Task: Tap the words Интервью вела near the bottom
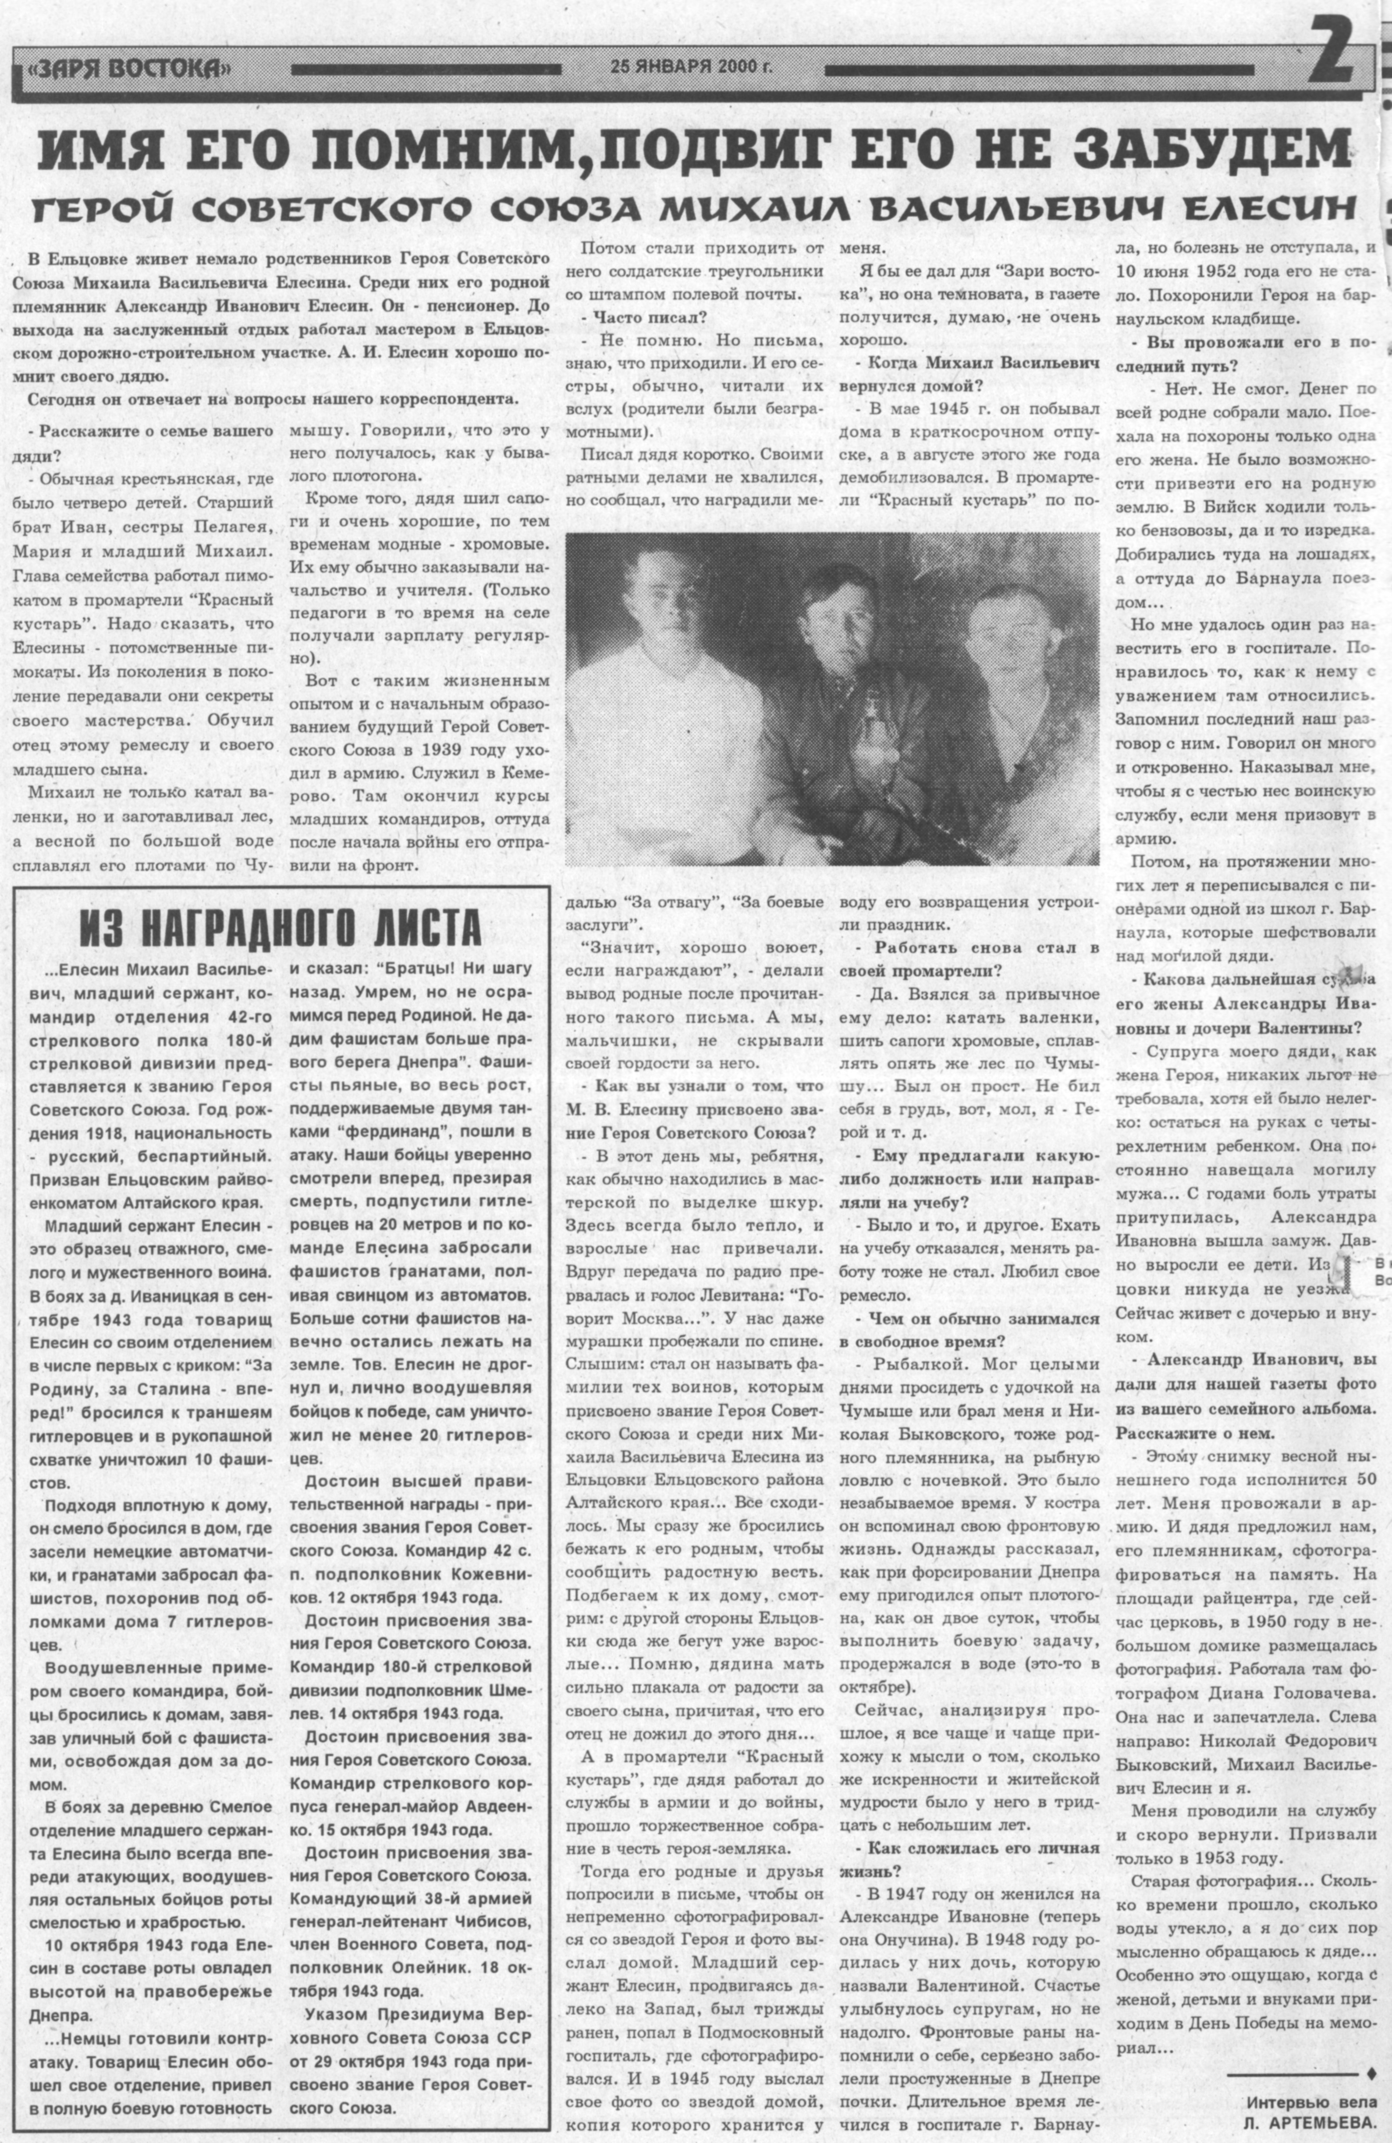pos(1311,2096)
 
